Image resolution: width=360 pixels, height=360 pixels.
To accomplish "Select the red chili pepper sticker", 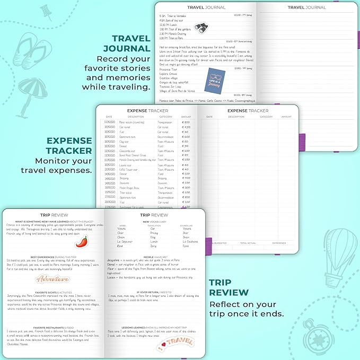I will [x=81, y=241].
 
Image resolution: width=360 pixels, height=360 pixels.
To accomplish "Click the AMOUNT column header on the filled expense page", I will [x=186, y=117].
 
